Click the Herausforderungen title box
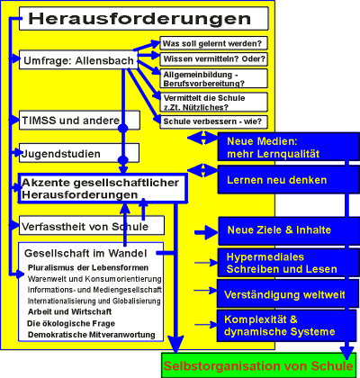tap(144, 19)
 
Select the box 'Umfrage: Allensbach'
tap(78, 59)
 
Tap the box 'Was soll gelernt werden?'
tap(213, 43)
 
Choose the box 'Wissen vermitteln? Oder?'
tap(213, 59)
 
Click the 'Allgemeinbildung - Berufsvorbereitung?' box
tap(213, 78)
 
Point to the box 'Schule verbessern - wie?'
tap(213, 121)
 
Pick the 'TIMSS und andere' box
tap(79, 121)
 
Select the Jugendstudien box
tap(79, 153)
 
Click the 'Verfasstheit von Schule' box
tap(92, 225)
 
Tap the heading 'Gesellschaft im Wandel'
tap(85, 253)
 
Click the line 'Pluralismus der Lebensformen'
tap(88, 267)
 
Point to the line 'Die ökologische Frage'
tap(71, 323)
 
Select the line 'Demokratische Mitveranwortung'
tap(92, 335)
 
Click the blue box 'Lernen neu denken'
tap(288, 179)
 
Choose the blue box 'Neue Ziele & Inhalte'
tap(289, 231)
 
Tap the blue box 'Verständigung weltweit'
tap(288, 293)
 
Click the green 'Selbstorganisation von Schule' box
tap(259, 365)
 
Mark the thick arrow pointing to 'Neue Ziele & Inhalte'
tap(206, 232)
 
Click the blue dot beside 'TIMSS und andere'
tap(123, 128)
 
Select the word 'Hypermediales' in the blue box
tap(265, 257)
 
